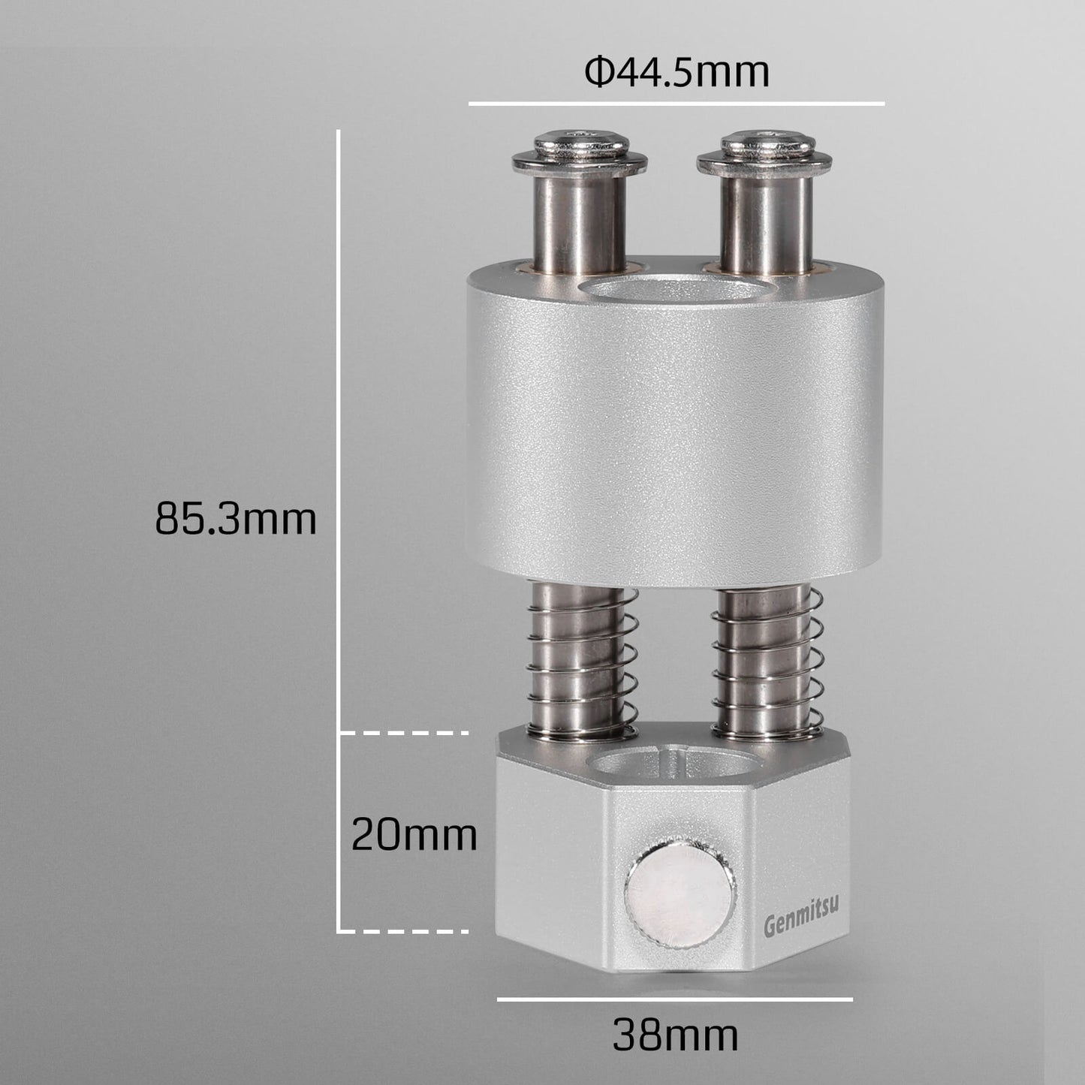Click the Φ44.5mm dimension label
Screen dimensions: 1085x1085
pyautogui.click(x=677, y=73)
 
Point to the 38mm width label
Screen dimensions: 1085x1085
pyautogui.click(x=675, y=1035)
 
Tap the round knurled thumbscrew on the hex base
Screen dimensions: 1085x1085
pyautogui.click(x=680, y=895)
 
